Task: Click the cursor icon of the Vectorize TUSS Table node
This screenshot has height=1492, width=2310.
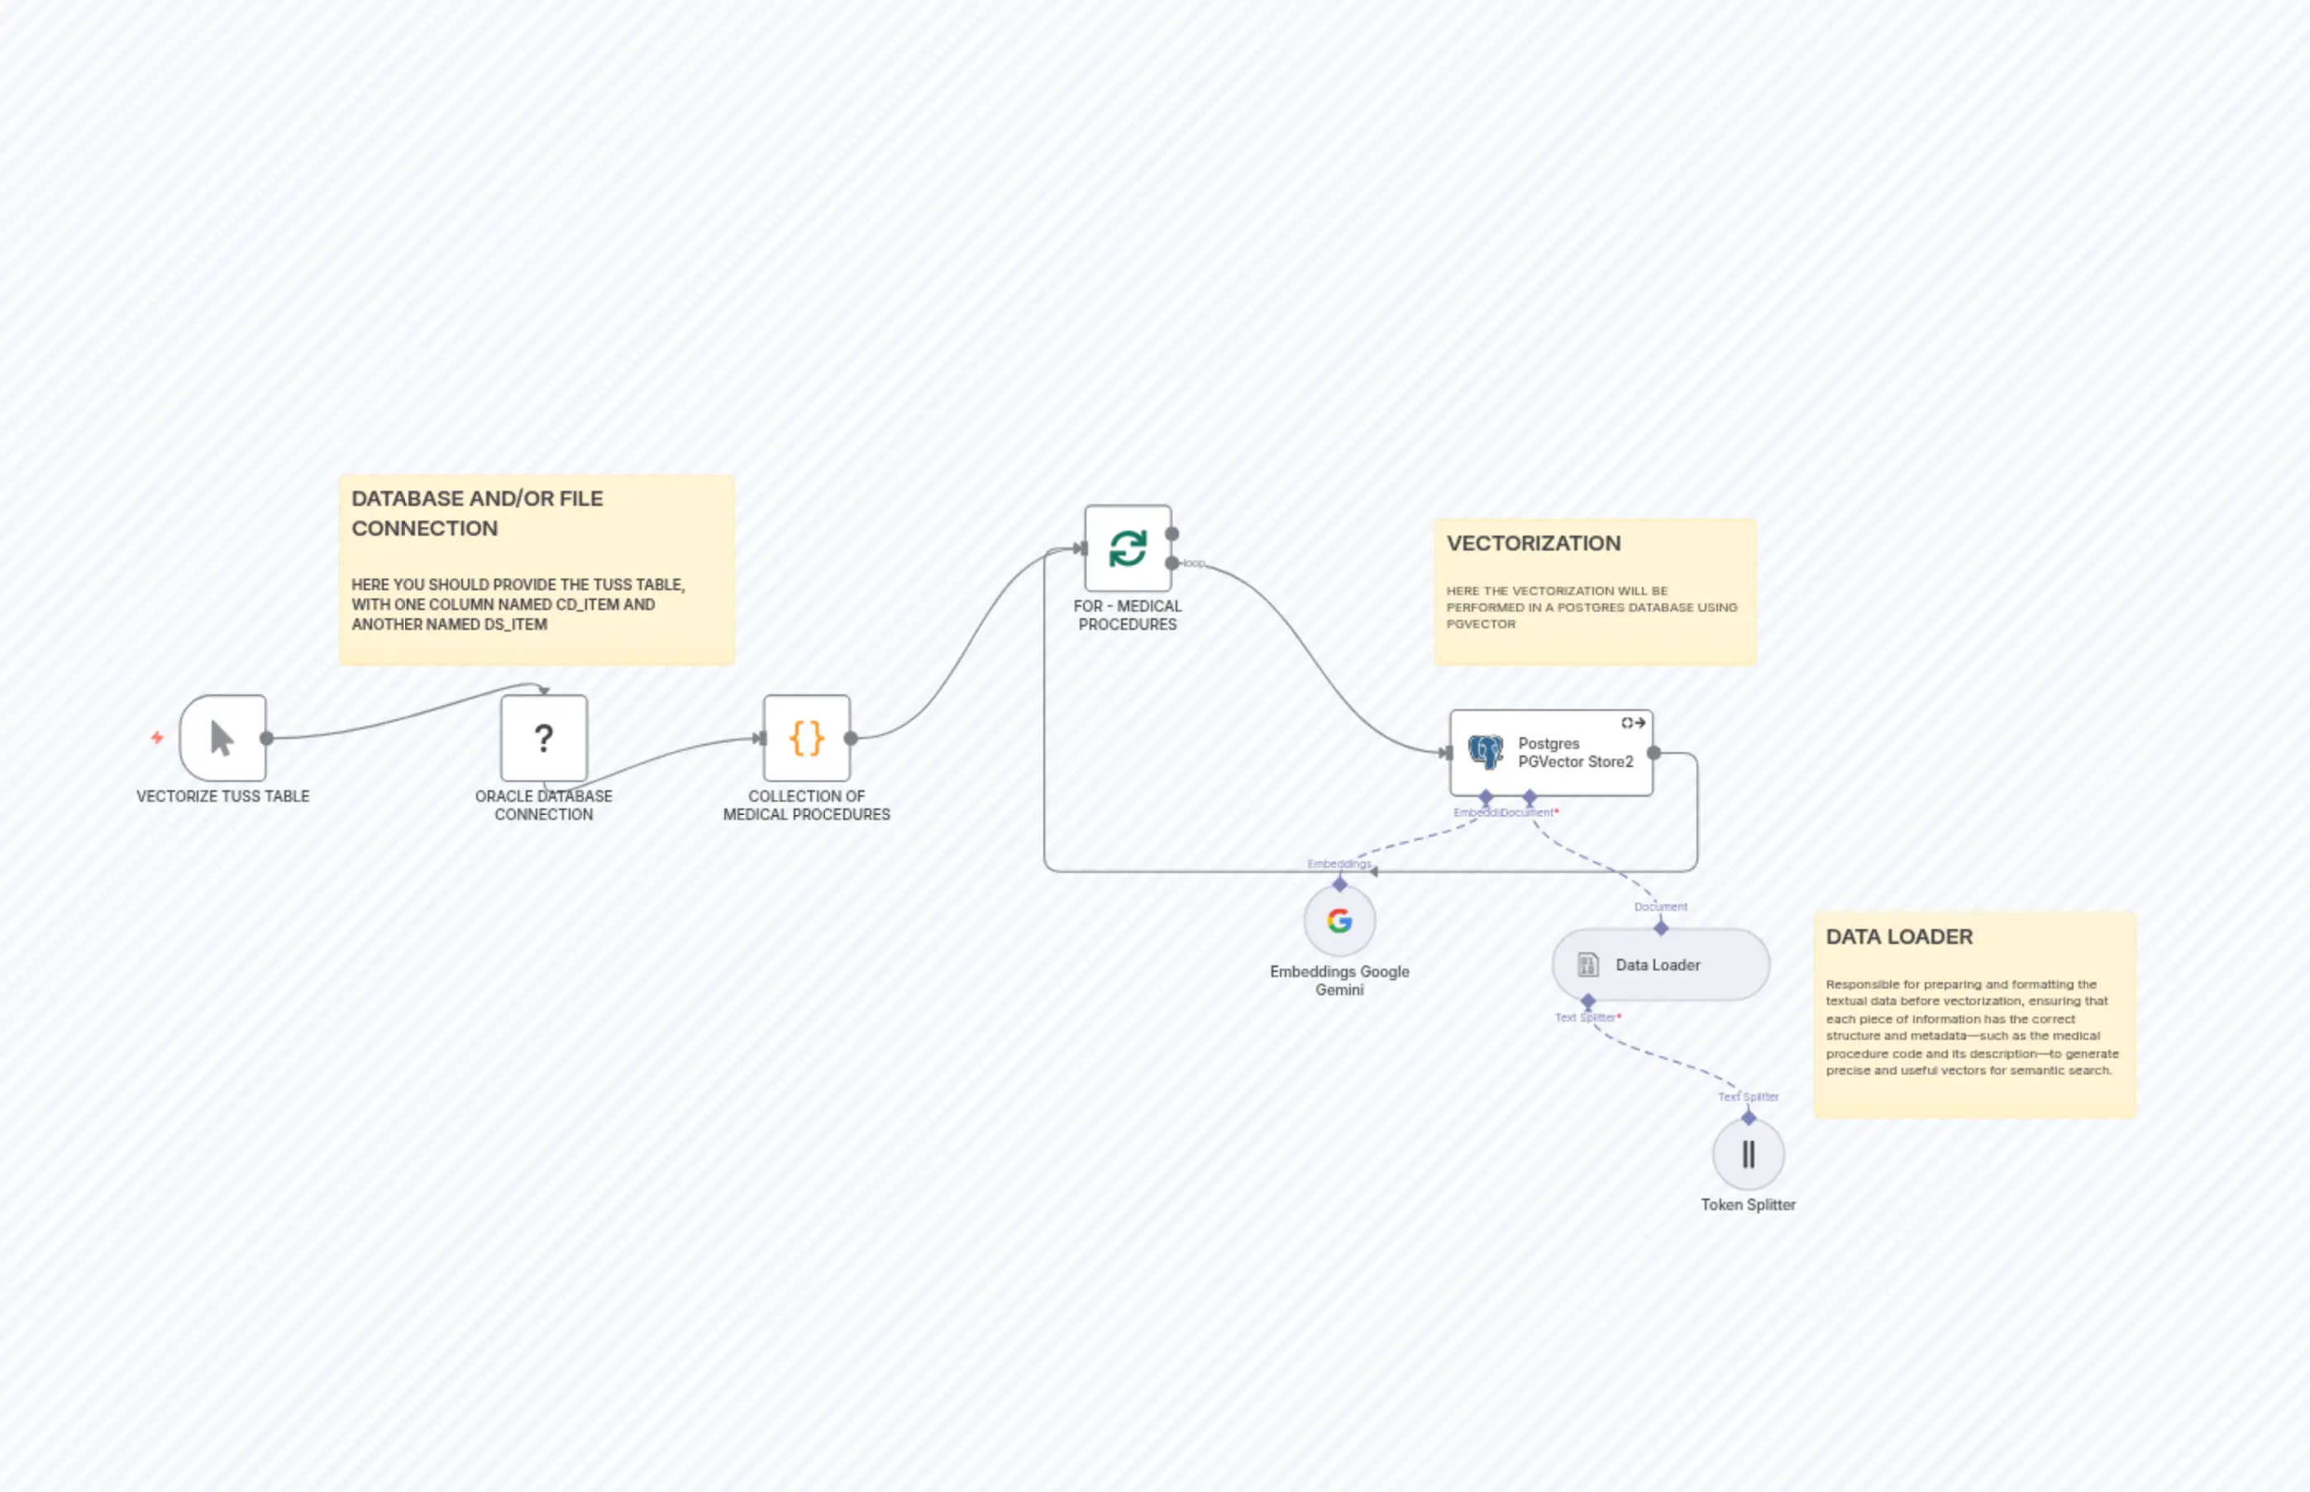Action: point(222,738)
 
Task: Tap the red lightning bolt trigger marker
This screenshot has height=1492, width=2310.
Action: point(157,738)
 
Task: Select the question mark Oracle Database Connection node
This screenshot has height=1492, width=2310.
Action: point(543,738)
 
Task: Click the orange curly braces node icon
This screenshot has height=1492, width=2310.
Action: point(806,738)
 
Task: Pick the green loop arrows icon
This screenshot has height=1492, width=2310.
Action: point(1128,548)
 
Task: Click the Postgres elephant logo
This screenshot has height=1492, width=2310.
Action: point(1484,752)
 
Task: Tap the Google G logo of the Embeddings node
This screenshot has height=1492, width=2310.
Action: point(1339,920)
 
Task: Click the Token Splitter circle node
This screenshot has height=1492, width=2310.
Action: point(1748,1155)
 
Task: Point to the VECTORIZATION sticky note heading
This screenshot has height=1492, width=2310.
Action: point(1533,544)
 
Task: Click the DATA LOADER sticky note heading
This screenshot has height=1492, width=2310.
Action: point(1898,937)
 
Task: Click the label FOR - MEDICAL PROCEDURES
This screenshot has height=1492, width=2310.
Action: point(1127,615)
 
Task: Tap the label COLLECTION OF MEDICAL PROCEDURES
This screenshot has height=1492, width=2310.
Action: point(806,805)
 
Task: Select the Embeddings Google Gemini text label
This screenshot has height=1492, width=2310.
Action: point(1339,980)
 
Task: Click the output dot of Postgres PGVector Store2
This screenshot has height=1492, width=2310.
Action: point(1654,753)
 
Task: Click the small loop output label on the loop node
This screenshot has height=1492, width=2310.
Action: point(1194,563)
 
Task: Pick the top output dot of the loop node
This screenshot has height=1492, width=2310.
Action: point(1172,534)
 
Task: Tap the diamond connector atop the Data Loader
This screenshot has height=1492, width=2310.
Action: point(1661,928)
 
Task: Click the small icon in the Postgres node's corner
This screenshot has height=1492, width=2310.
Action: point(1633,722)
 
